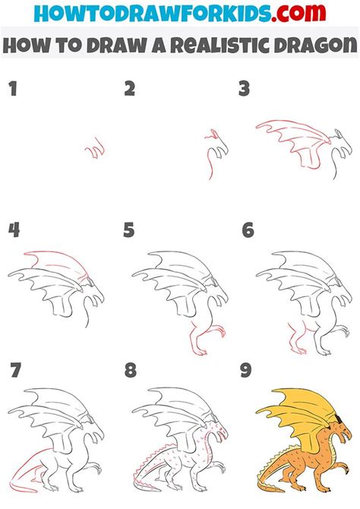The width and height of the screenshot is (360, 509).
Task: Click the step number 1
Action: click(x=13, y=90)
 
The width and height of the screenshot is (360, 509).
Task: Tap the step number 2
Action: click(x=130, y=90)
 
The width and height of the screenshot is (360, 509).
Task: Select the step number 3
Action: click(x=244, y=90)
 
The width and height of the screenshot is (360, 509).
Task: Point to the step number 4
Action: click(x=14, y=230)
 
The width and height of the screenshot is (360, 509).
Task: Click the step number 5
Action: click(x=130, y=230)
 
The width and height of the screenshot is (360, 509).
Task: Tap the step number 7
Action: click(x=14, y=371)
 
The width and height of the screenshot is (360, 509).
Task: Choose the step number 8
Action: click(x=130, y=371)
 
